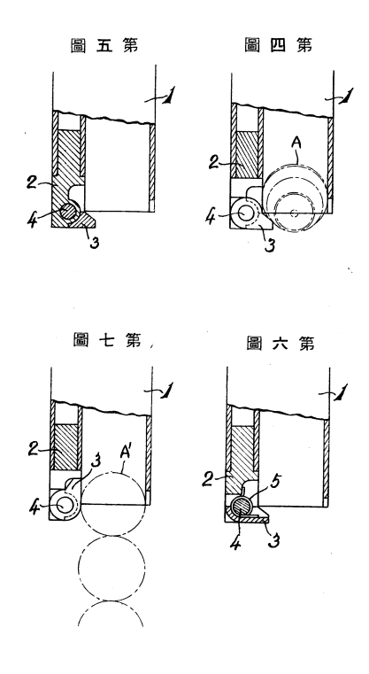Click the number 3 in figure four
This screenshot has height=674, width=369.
[x=268, y=244]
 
